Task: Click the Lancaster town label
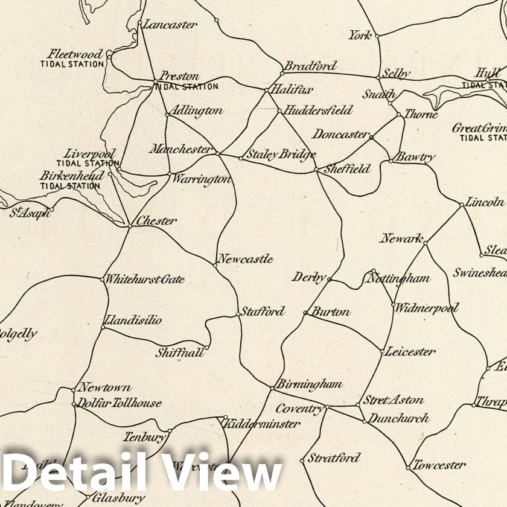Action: (x=170, y=25)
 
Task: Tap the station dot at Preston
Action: (x=155, y=81)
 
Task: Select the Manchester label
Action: (x=181, y=148)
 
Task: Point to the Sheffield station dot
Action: (x=316, y=170)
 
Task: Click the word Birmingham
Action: (x=309, y=384)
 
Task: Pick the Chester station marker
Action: (x=130, y=226)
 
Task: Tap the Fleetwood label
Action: (x=75, y=54)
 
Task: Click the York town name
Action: (x=360, y=35)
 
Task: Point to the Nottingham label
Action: (x=398, y=278)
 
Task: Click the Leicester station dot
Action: (x=382, y=351)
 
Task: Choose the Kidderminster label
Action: (x=262, y=424)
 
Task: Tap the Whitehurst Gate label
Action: (x=145, y=279)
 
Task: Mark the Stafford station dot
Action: (x=238, y=314)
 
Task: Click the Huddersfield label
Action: (x=318, y=110)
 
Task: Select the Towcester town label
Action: (x=439, y=465)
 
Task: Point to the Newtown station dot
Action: (x=74, y=390)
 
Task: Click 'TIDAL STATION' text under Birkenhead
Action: (x=70, y=186)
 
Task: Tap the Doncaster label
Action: (x=340, y=134)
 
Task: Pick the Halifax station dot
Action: (x=267, y=91)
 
